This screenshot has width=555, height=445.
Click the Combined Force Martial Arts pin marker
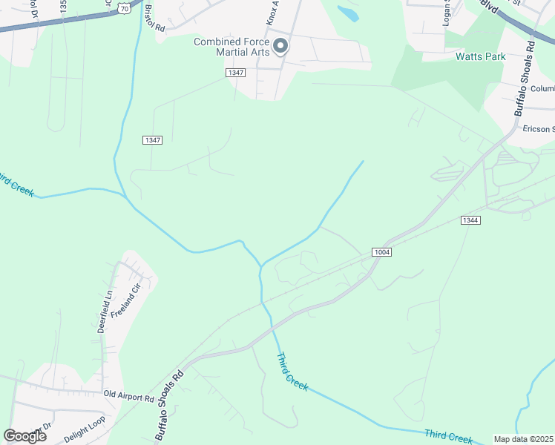(x=280, y=47)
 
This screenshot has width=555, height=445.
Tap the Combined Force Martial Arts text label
(x=231, y=47)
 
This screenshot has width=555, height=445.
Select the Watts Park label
(x=480, y=56)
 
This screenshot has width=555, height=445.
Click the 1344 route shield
(x=470, y=220)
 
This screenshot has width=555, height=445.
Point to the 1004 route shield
(x=382, y=252)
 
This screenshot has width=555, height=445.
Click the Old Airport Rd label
(x=128, y=398)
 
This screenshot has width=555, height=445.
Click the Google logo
(x=24, y=435)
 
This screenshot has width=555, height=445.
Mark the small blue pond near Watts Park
(x=347, y=13)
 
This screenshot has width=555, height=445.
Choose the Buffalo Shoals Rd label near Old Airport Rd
(x=168, y=407)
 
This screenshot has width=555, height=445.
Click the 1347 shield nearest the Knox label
(x=235, y=72)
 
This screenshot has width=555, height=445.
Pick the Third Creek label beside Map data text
(x=448, y=435)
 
